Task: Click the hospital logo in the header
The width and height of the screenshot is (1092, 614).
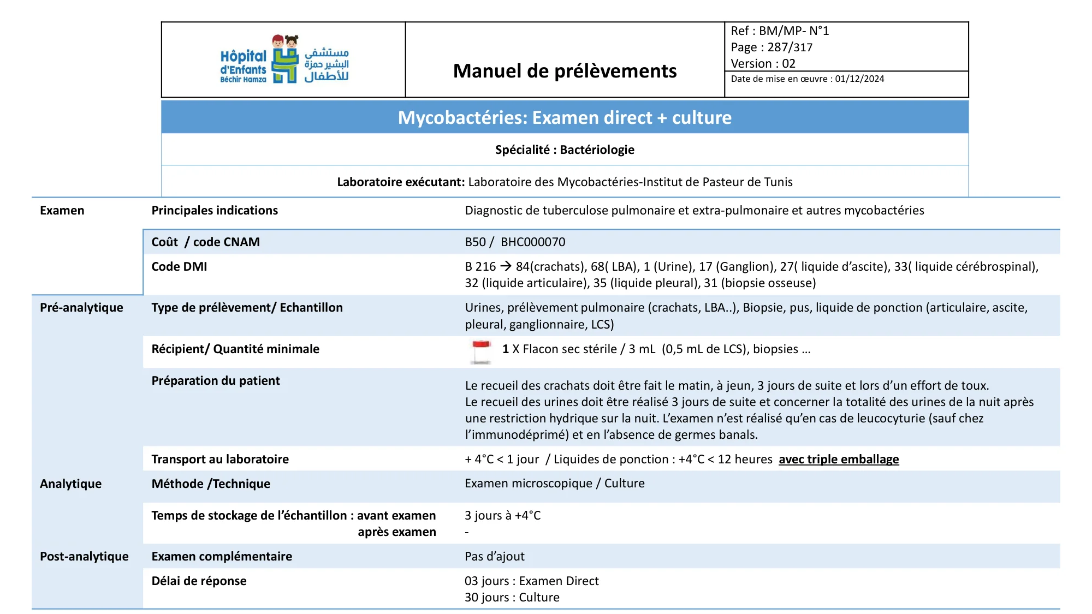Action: click(x=284, y=59)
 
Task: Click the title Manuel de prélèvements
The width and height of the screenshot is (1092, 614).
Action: click(x=565, y=71)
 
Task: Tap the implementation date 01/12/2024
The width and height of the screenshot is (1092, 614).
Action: click(x=859, y=79)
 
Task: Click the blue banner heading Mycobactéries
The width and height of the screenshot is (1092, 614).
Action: click(x=565, y=117)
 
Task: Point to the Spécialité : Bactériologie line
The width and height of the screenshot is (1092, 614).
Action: click(x=565, y=150)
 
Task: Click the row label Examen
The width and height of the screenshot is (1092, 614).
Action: click(x=62, y=211)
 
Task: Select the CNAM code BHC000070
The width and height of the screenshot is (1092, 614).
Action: click(x=533, y=242)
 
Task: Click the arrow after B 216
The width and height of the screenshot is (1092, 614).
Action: click(x=506, y=266)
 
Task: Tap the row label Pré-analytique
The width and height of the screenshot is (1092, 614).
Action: click(x=81, y=308)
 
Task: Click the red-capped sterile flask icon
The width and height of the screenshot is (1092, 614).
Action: click(x=481, y=351)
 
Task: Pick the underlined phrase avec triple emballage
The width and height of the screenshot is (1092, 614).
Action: click(x=839, y=460)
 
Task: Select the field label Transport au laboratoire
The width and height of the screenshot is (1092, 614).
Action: click(x=220, y=460)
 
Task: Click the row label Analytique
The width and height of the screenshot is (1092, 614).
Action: click(x=70, y=484)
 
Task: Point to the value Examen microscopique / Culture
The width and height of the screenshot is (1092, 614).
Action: click(x=554, y=484)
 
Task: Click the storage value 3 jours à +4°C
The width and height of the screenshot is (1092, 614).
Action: click(x=502, y=516)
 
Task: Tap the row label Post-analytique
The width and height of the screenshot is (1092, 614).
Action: click(x=84, y=557)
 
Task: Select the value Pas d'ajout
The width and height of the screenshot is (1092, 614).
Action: click(x=494, y=557)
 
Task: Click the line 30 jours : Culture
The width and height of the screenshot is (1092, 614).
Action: click(x=512, y=598)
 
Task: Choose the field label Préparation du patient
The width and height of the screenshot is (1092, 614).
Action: click(x=216, y=381)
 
